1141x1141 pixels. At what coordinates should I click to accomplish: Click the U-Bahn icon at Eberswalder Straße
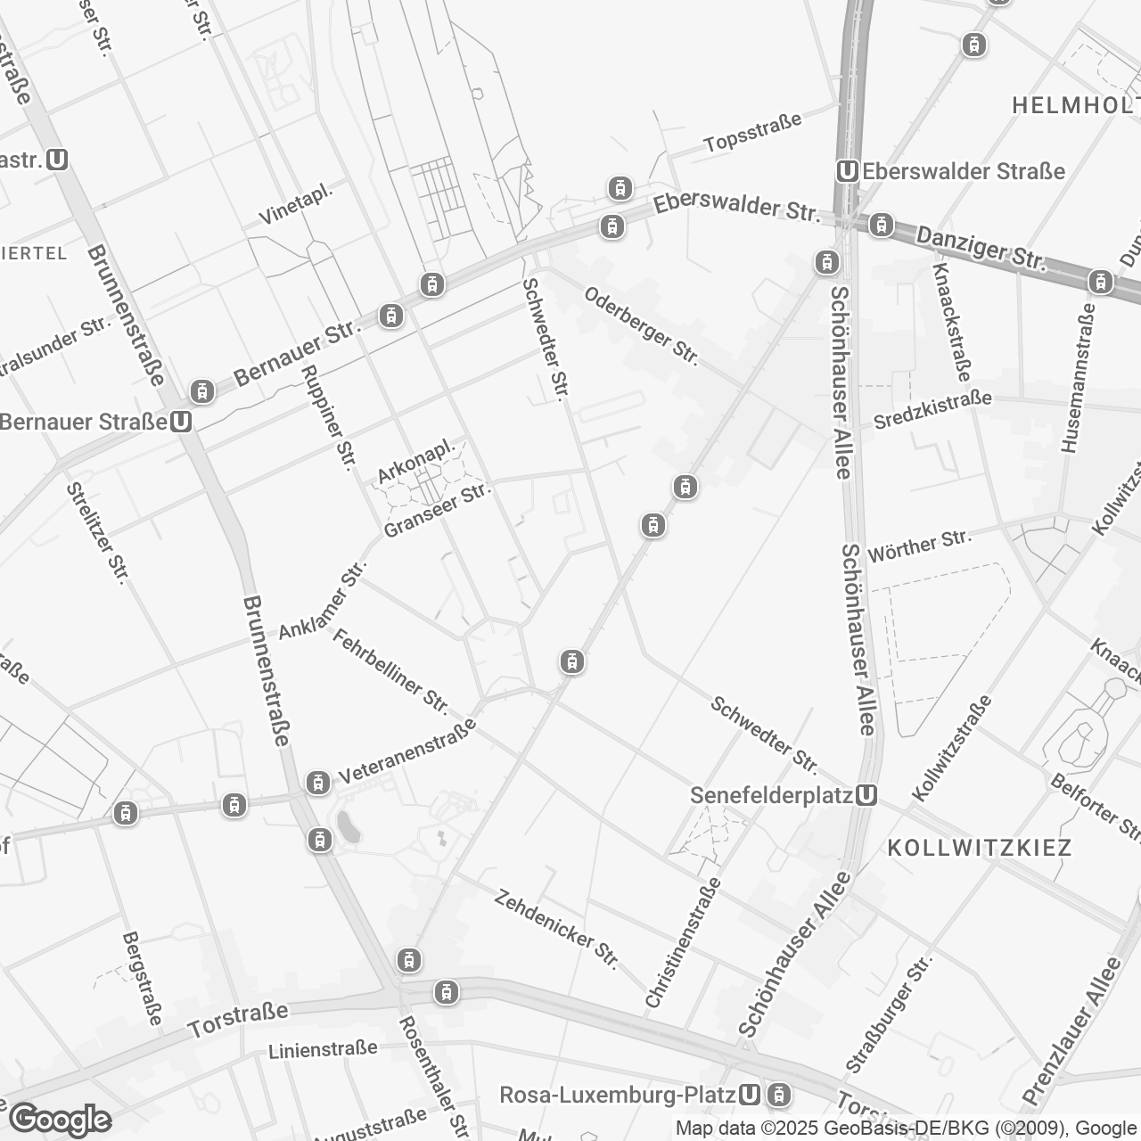848,171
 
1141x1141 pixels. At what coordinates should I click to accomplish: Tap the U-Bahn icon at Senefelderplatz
865,795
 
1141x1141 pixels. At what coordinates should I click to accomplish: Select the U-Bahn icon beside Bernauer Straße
181,422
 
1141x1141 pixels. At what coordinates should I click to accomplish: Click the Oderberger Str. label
641,324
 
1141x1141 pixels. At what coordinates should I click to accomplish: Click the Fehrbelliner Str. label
390,670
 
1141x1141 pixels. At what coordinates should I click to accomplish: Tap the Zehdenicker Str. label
556,929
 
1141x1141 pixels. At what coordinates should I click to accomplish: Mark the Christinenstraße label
682,942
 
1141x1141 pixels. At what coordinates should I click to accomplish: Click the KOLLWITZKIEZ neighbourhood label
980,847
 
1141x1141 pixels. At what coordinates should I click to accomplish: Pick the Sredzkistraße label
932,410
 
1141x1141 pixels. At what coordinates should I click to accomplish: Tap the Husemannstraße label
1076,378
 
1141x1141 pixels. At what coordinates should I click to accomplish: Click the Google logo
60,1120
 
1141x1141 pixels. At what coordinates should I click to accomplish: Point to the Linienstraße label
323,1050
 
